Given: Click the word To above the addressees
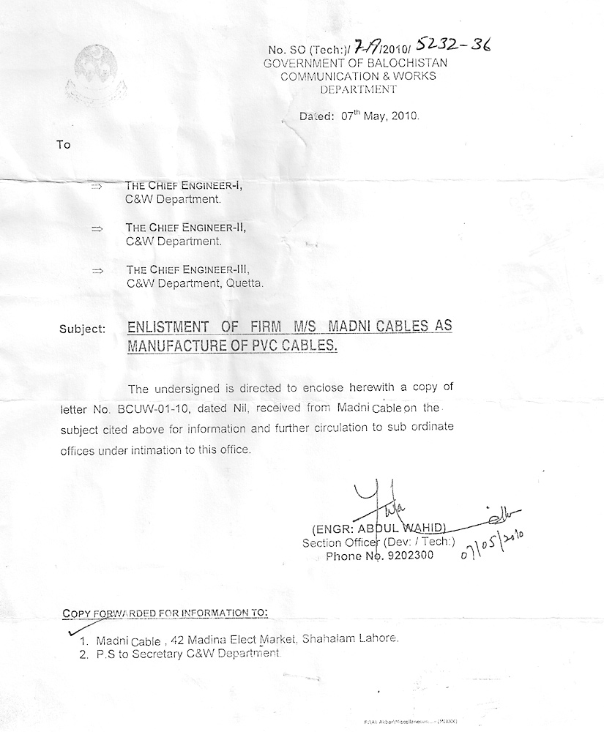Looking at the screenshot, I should (x=64, y=144).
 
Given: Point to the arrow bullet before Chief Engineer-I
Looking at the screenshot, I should (x=97, y=187).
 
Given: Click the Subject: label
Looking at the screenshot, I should (x=82, y=329).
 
